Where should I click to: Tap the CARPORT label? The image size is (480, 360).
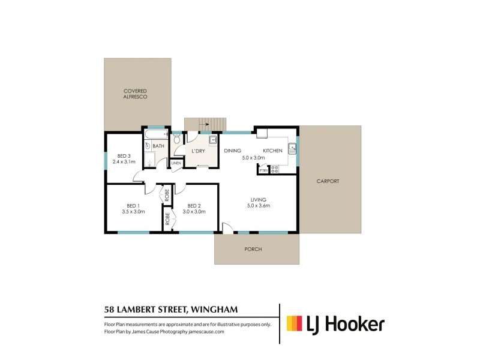point(328,181)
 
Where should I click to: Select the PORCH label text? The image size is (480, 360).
point(253,249)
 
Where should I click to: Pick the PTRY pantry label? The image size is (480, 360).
point(263,170)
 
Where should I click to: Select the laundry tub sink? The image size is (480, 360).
point(212,140)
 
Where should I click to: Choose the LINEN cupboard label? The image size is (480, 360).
point(176,163)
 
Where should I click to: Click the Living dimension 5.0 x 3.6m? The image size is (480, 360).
point(259,206)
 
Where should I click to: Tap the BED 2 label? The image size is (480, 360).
point(193,205)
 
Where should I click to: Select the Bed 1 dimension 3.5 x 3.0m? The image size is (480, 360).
point(133,211)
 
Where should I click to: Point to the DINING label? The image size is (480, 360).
point(232,151)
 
